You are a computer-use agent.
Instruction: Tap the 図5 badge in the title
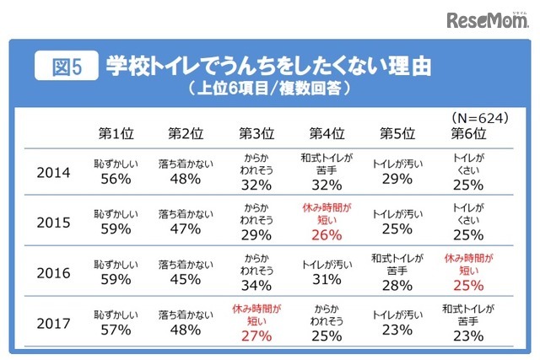tap(64, 67)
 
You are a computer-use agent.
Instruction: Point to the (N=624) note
tap(478, 117)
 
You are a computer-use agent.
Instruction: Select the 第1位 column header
tap(115, 133)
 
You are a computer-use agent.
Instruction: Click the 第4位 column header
tap(326, 133)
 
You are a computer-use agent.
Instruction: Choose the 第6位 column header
tap(469, 133)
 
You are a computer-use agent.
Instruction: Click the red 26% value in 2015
tap(327, 234)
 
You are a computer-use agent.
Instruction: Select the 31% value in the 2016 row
tap(327, 280)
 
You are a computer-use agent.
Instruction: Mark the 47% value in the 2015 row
tap(185, 229)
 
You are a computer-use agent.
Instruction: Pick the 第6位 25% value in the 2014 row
tap(469, 183)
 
